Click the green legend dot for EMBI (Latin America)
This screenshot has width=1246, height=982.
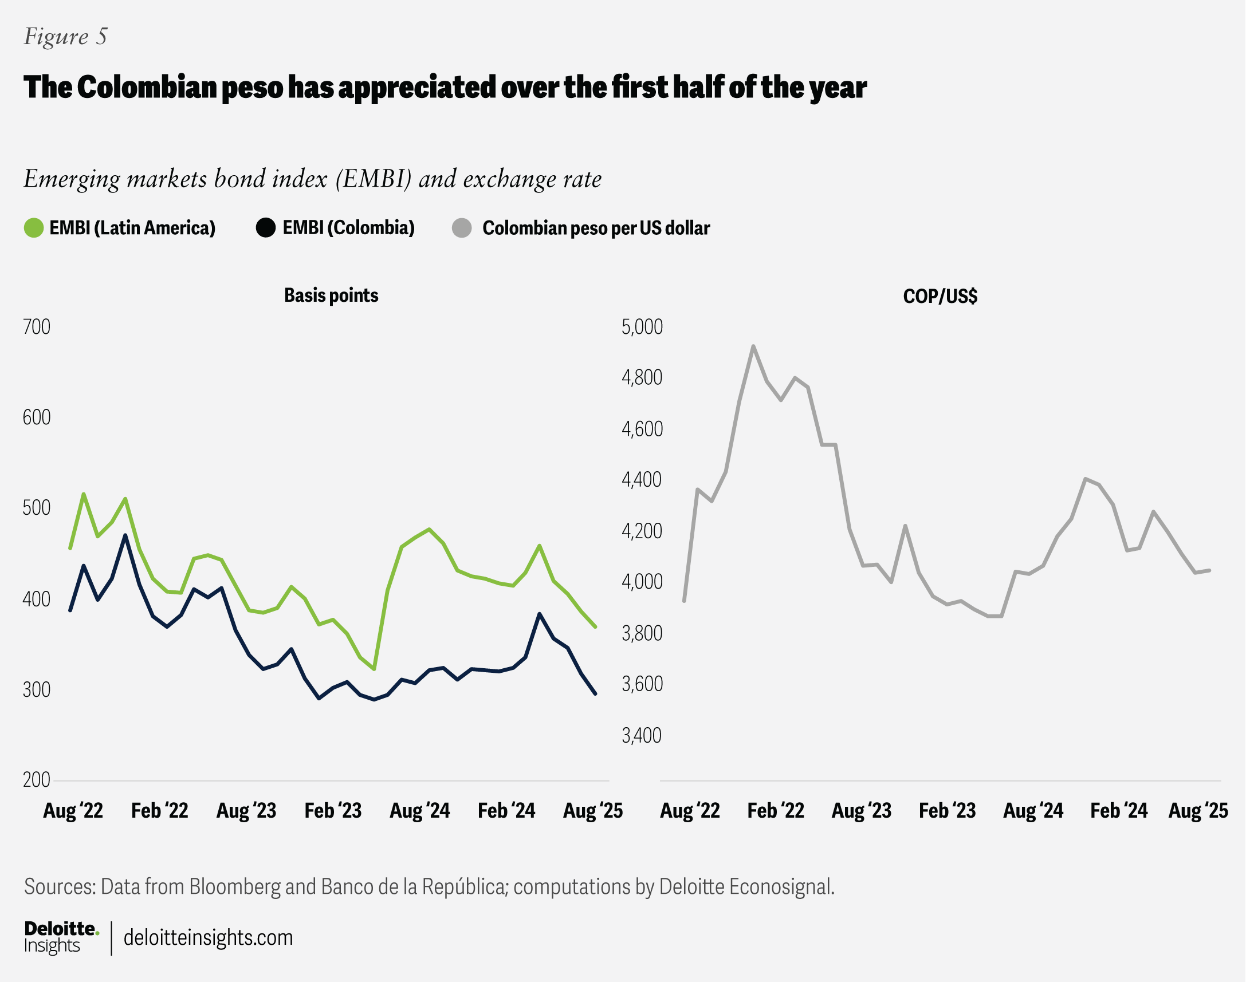[34, 228]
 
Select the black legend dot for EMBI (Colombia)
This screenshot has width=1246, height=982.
[266, 228]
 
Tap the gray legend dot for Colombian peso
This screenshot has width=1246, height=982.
[462, 228]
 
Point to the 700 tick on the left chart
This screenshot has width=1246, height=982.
[37, 326]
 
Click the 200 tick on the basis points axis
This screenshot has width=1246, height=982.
[37, 780]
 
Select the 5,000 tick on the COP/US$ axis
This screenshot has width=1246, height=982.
[642, 326]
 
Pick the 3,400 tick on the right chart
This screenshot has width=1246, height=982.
[642, 735]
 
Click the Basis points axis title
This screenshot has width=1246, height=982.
[331, 295]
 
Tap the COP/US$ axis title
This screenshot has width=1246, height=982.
[940, 296]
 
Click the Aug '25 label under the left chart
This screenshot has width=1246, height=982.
[593, 811]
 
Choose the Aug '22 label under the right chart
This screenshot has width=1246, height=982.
[690, 811]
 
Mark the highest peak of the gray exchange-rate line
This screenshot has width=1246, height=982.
[753, 346]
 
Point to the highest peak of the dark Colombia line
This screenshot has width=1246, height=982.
[125, 535]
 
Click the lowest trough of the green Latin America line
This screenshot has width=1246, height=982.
[375, 669]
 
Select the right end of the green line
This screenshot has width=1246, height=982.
[595, 626]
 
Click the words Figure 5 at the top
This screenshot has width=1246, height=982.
[65, 37]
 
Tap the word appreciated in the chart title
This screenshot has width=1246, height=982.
[418, 88]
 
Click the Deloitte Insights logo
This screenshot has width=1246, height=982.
[61, 937]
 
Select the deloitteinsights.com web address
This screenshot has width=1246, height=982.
[209, 938]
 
